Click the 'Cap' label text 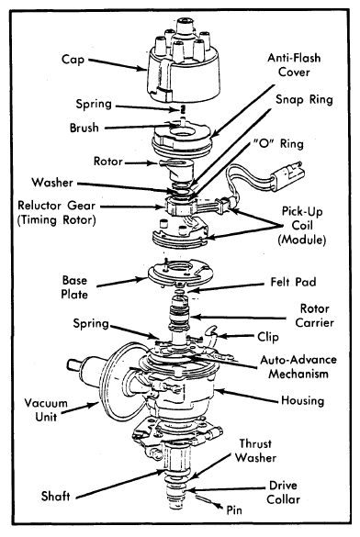pyautogui.click(x=73, y=60)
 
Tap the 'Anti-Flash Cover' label pyautogui.click(x=294, y=65)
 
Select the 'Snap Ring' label pyautogui.click(x=305, y=100)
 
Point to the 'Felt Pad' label pyautogui.click(x=293, y=282)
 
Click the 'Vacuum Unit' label pyautogui.click(x=46, y=409)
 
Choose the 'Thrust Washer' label pyautogui.click(x=255, y=451)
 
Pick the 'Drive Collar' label pyautogui.click(x=283, y=492)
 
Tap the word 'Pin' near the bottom pyautogui.click(x=234, y=510)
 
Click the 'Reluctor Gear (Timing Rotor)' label pyautogui.click(x=57, y=212)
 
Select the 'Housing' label pyautogui.click(x=302, y=400)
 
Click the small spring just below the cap pyautogui.click(x=183, y=109)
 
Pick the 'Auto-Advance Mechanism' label pyautogui.click(x=298, y=367)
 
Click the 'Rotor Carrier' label pyautogui.click(x=314, y=316)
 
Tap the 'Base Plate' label pyautogui.click(x=74, y=287)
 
